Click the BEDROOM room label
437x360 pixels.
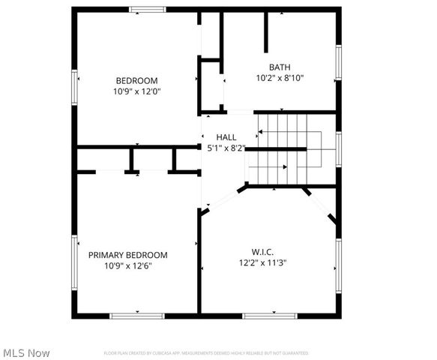pos(136,81)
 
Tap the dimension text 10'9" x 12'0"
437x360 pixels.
pos(136,91)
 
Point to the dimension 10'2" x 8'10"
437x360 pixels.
pos(280,77)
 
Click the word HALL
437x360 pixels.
pos(226,137)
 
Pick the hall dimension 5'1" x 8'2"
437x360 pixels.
pos(226,148)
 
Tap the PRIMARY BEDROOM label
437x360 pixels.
pos(128,255)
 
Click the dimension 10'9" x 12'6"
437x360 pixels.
pos(128,265)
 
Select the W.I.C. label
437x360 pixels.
pos(262,252)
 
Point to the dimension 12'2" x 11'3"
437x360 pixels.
pos(263,262)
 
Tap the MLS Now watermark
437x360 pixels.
pos(27,352)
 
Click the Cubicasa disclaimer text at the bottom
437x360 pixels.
pos(205,352)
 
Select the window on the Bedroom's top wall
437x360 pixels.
pos(148,10)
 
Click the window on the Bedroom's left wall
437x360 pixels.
pos(74,87)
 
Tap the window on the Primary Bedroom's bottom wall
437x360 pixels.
pos(138,316)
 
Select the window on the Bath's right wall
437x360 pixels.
pos(339,65)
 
